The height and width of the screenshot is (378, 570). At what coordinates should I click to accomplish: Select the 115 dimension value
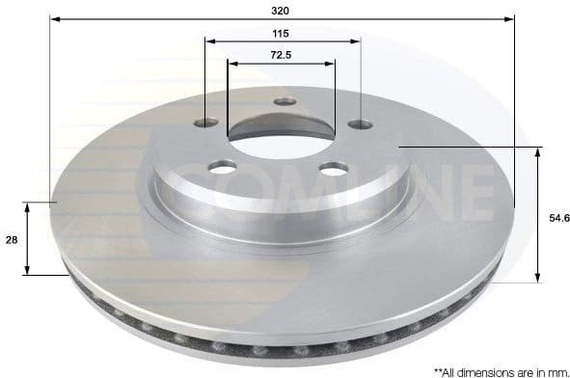281,33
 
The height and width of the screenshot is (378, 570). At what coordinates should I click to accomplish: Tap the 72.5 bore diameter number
281,56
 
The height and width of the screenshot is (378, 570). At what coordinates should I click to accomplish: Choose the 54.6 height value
553,219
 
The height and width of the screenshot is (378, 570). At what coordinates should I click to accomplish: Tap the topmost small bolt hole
284,101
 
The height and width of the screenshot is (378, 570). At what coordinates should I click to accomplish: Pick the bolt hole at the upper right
360,123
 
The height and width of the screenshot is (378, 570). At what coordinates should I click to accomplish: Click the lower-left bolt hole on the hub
223,169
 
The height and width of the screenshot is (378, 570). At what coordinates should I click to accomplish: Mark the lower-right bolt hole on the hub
333,169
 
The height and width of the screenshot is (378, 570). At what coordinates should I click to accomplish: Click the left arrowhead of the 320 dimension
55,18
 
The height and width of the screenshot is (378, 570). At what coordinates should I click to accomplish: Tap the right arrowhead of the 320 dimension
510,18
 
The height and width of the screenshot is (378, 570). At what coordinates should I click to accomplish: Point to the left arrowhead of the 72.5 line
232,64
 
